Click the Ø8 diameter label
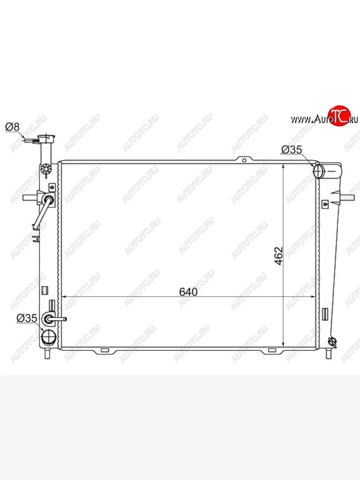coord(12,127)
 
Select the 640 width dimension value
coord(188,292)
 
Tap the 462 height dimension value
coord(279,256)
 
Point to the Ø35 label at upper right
coord(292,150)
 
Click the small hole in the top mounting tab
coord(244,161)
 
